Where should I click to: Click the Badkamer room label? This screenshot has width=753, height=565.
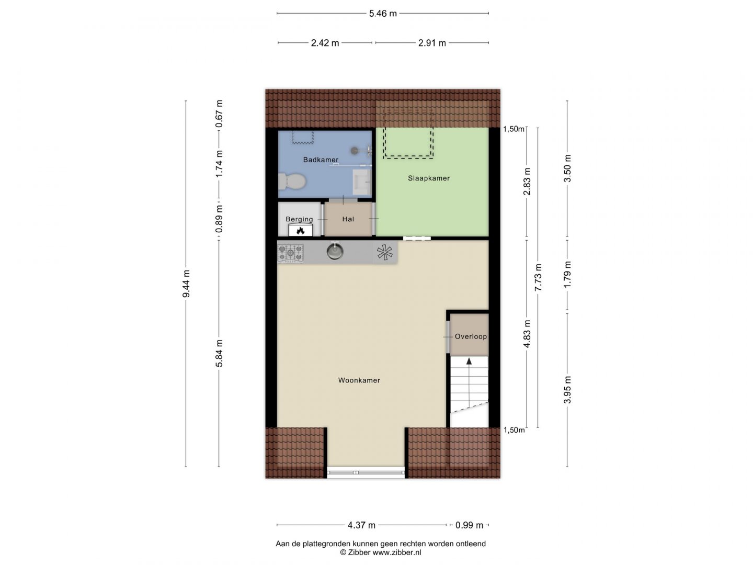pos(321,160)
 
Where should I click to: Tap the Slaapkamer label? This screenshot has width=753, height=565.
pos(428,178)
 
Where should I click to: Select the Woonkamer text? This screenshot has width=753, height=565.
pos(359,380)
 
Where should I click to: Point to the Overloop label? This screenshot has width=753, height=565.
pos(471,336)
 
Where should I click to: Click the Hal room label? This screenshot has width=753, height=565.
pos(348,219)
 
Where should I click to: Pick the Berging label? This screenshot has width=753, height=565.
pos(299,219)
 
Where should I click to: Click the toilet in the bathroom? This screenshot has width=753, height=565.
pos(292,182)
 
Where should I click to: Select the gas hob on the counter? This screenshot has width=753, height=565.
pos(291,254)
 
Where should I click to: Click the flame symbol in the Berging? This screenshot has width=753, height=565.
pos(301,231)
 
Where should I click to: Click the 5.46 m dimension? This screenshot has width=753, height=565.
pos(382,14)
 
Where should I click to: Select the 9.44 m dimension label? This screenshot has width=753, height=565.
pos(186,284)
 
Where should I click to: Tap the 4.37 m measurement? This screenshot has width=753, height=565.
pos(361,525)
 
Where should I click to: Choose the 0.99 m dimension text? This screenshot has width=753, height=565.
pos(469,525)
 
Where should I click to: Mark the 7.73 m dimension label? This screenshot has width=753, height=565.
pos(538,277)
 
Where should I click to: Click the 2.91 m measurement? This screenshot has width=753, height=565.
pos(432,43)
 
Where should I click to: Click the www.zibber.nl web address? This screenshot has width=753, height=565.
pos(397,552)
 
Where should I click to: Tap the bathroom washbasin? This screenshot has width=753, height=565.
pos(362,179)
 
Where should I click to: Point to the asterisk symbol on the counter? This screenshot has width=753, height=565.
pos(384,253)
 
